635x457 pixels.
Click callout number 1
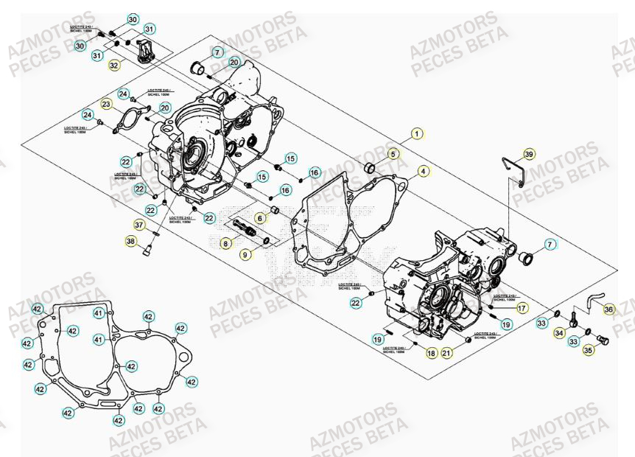tap(417, 134)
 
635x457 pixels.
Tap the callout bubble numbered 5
tap(393, 154)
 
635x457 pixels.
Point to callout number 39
tap(528, 154)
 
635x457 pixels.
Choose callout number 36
tap(608, 310)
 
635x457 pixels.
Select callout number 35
tap(588, 352)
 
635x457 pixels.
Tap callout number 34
tap(560, 333)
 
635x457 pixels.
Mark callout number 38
tap(130, 241)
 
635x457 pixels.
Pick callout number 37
tap(138, 225)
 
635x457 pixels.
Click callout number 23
tap(107, 105)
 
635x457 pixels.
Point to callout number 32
tap(113, 66)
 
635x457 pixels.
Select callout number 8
tap(228, 242)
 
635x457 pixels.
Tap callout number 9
tap(245, 254)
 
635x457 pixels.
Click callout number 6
tap(260, 218)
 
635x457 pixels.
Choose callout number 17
tap(521, 308)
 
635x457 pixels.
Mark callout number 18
tap(431, 354)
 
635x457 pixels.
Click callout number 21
tap(446, 354)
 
